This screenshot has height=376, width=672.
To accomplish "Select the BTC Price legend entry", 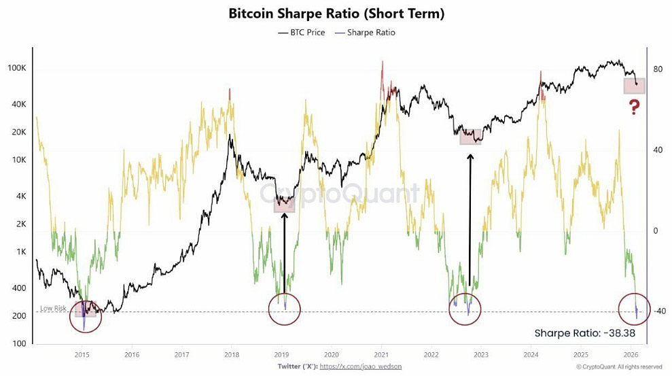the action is (301, 33).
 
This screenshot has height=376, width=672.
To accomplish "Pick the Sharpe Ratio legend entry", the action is (365, 33).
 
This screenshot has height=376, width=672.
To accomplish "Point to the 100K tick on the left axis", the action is (17, 68).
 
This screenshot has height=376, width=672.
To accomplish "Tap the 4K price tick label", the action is (21, 196).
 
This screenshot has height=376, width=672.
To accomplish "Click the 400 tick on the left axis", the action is (19, 288).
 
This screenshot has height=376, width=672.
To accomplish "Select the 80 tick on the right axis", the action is (658, 69).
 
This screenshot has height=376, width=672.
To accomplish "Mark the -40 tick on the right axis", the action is (659, 311).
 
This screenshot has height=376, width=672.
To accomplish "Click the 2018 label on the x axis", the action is (232, 355).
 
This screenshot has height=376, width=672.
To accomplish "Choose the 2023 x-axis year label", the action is (481, 355).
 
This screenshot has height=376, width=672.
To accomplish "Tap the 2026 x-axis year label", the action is (631, 355).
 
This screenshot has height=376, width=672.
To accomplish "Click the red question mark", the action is (634, 107).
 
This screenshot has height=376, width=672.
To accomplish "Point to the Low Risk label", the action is (53, 308).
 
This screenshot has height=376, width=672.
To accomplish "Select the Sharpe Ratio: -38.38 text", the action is (584, 333).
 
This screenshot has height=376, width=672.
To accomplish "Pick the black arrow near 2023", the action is (470, 220).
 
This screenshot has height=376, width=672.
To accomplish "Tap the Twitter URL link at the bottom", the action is (360, 366).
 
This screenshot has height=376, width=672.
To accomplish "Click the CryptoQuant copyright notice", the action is (619, 367).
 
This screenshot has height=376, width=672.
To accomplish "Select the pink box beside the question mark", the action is (634, 86).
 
